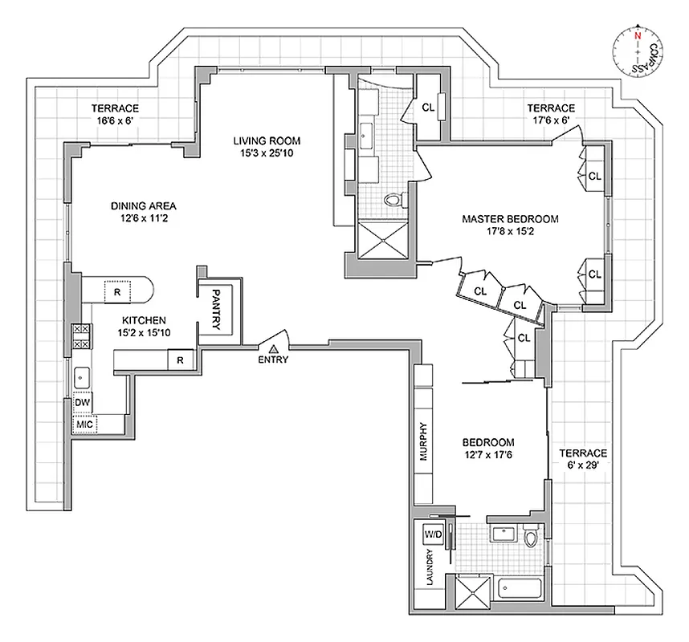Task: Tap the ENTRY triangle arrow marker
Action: pos(274,348)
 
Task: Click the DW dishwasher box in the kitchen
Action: pos(82,402)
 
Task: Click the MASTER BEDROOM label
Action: pos(510,218)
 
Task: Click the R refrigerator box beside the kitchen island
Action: pos(117,292)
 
